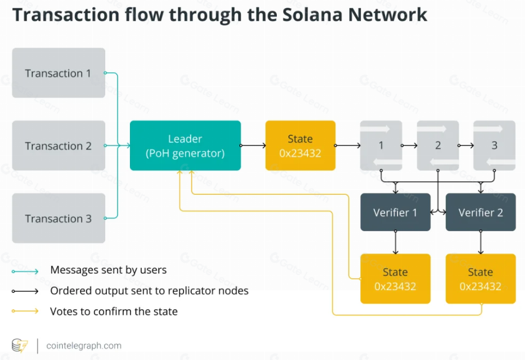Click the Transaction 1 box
58,73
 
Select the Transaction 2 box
58,146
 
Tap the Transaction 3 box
58,218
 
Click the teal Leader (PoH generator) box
185,145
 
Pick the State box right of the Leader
300,145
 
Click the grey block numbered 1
381,145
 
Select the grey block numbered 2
437,145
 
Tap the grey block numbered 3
494,145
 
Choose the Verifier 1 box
395,212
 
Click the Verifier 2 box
480,212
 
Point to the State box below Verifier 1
395,279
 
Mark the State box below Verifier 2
480,279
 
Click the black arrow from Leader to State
253,145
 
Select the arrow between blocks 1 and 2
409,145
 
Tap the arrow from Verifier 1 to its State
395,242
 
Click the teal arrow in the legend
25,271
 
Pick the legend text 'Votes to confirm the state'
113,311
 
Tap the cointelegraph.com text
84,345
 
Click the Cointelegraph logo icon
20,345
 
